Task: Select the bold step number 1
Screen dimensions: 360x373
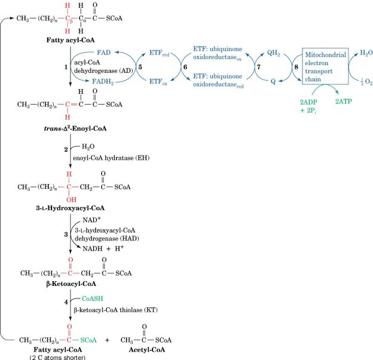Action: coord(66,67)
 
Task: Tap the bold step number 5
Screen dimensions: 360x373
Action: coord(140,66)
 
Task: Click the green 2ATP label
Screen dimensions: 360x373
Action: coord(343,102)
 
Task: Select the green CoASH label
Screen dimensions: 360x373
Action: coord(93,297)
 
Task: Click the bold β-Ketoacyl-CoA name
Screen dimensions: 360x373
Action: coord(71,285)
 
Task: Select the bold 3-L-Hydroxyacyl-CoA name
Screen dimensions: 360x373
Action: coord(70,208)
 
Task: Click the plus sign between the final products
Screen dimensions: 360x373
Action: coord(107,339)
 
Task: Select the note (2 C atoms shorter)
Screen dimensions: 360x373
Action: coord(58,357)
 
